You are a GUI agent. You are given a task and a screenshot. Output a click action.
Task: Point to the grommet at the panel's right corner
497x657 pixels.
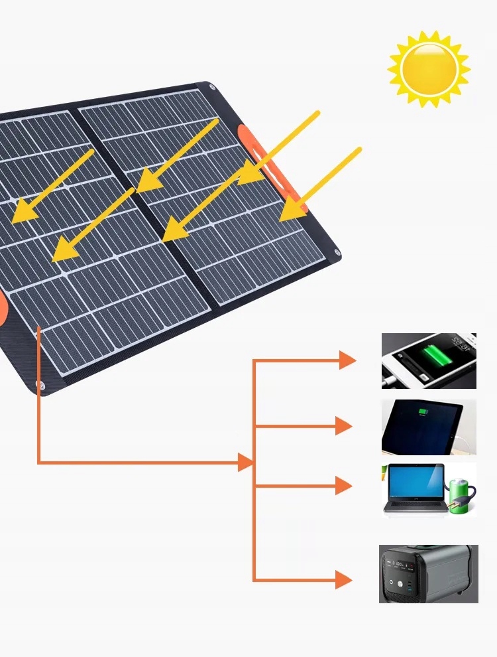(338, 252)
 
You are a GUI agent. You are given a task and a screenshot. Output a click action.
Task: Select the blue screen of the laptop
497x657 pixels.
(415, 483)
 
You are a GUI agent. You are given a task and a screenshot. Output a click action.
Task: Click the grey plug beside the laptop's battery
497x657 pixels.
(455, 507)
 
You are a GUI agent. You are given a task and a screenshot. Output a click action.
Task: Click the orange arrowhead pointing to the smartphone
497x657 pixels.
(347, 360)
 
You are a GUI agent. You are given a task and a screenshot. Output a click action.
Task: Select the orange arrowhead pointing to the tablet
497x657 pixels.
(343, 425)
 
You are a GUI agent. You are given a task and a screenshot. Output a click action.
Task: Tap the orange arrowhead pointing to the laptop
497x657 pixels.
(343, 486)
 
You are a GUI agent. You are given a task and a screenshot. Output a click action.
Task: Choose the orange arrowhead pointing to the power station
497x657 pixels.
(343, 580)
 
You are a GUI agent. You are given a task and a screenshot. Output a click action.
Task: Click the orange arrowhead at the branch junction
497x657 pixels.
(245, 463)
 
